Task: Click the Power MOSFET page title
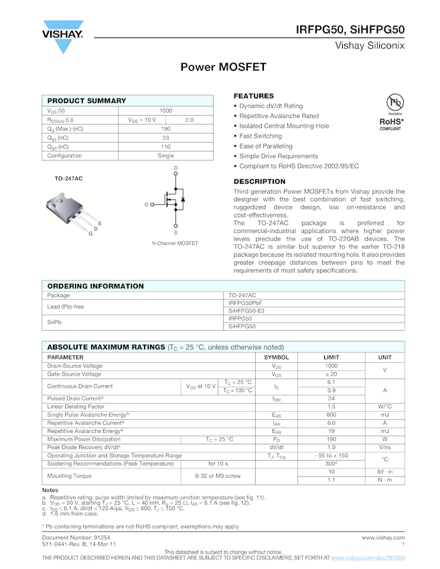click(x=223, y=68)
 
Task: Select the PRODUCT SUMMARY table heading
click(x=87, y=100)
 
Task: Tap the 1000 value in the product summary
click(x=165, y=110)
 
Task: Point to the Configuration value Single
click(x=165, y=155)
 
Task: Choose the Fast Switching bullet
click(x=261, y=136)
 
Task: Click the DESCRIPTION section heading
click(x=259, y=181)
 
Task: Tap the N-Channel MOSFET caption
click(x=175, y=243)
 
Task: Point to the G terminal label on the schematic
click(x=146, y=204)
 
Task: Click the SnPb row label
click(x=55, y=323)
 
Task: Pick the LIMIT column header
click(x=332, y=357)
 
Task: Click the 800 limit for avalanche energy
click(x=332, y=414)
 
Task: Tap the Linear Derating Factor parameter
click(x=76, y=406)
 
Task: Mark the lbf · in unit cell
click(x=384, y=472)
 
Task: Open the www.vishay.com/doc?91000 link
click(x=368, y=558)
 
